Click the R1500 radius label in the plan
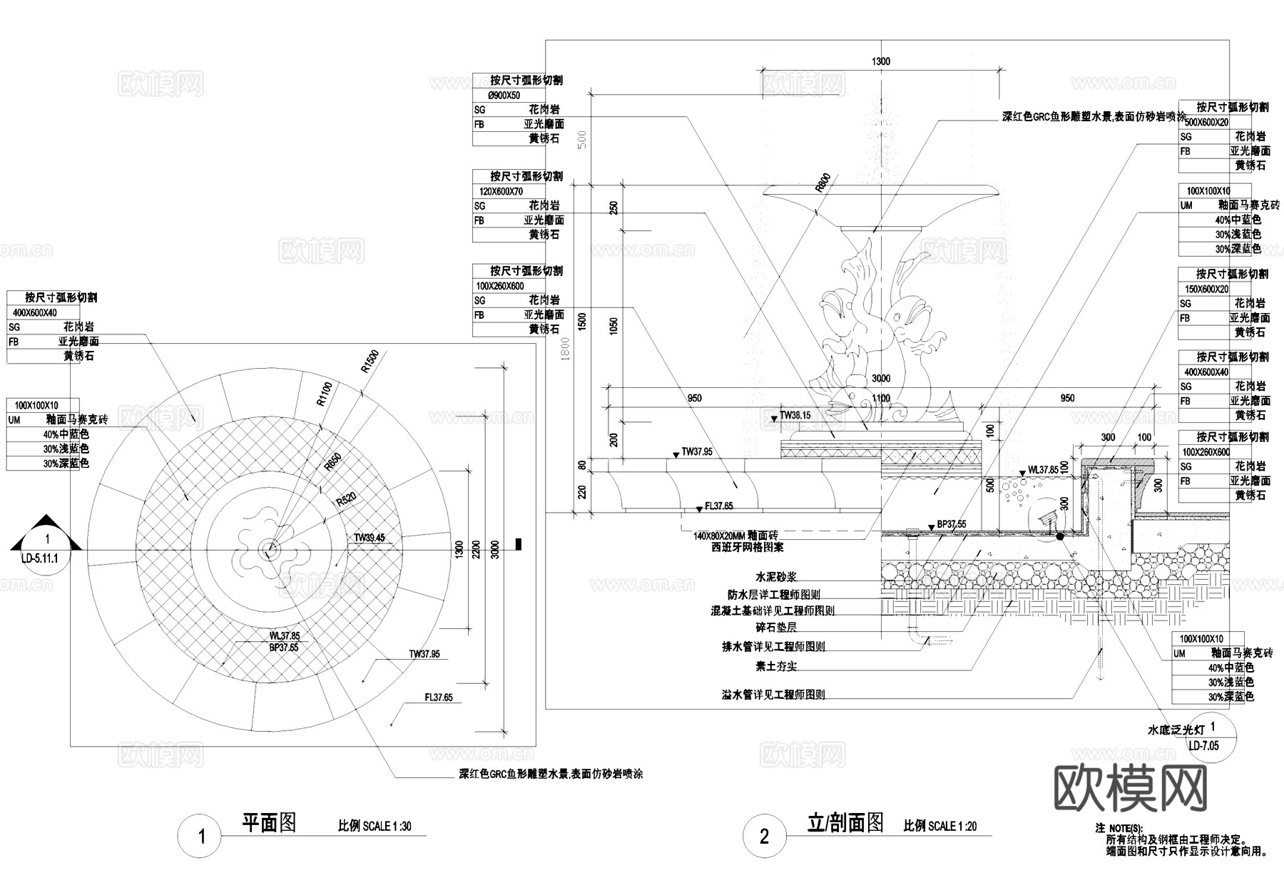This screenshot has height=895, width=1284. pos(370,362)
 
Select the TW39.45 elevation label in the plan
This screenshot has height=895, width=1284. pos(369,538)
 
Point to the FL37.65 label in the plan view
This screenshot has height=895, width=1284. pos(439,697)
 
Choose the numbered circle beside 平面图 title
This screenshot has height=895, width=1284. pos(201,836)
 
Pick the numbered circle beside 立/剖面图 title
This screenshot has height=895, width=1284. pos(764,836)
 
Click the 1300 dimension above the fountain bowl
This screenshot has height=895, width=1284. pos(881,62)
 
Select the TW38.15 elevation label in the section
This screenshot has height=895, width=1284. pos(795,415)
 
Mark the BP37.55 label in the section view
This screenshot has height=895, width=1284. pos(952,523)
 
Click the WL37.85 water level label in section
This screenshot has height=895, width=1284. pos(1043,470)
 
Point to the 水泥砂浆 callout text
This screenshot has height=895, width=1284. pos(776,576)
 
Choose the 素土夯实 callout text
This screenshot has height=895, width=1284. pos(776,666)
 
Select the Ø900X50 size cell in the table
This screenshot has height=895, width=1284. pos(504,96)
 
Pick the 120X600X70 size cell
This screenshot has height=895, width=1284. pos(501,191)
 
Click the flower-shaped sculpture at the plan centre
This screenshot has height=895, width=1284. pos(269,548)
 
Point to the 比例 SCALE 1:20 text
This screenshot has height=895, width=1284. pos(940,826)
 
